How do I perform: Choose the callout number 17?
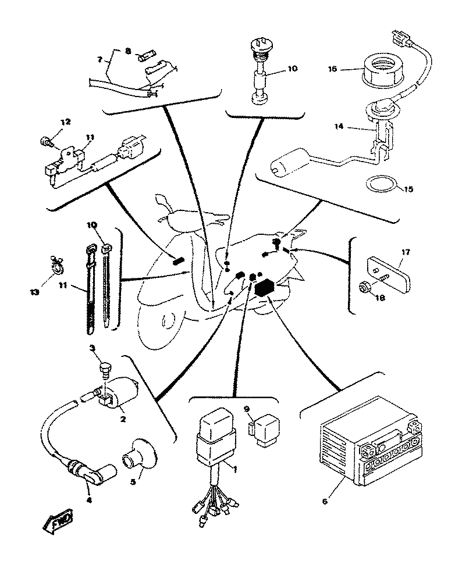click(x=406, y=252)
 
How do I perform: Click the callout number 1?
click(x=235, y=468)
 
